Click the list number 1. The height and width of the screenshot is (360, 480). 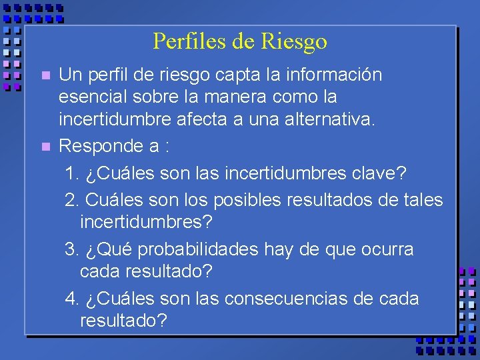point(71,173)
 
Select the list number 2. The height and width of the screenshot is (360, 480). point(71,200)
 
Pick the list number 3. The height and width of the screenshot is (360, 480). point(71,249)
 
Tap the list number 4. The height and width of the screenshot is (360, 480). point(71,299)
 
